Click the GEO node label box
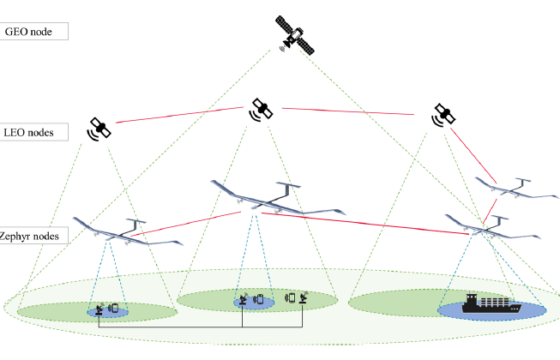[x=34, y=31]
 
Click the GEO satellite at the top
[x=295, y=35]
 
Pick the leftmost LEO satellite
[x=99, y=129]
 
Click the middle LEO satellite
[x=261, y=110]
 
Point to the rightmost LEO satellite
[x=443, y=115]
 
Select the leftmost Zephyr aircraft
[x=128, y=233]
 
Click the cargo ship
[x=491, y=304]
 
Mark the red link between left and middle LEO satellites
[x=180, y=115]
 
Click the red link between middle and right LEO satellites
[x=348, y=111]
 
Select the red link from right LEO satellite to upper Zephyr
[x=473, y=155]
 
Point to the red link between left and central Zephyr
[x=186, y=224]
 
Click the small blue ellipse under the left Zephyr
[x=108, y=312]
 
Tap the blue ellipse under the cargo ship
[x=492, y=310]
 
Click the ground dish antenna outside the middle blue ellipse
[x=303, y=298]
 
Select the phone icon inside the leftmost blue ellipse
[x=114, y=308]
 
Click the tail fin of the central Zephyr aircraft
[x=289, y=189]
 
